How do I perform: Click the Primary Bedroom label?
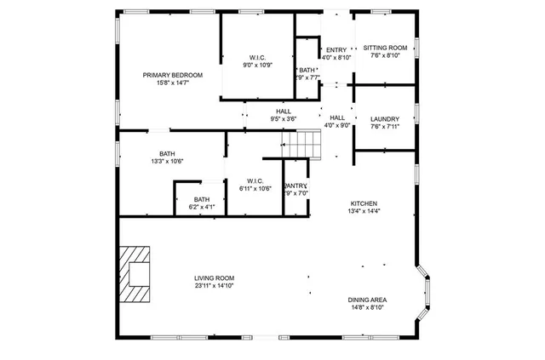(x=167, y=75)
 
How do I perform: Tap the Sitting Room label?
(x=385, y=48)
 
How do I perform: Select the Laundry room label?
(x=385, y=119)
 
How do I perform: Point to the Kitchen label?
(x=364, y=203)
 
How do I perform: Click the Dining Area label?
(x=367, y=300)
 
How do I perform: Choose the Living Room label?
(x=214, y=278)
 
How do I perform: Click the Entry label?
(x=336, y=50)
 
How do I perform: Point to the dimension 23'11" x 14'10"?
(x=214, y=286)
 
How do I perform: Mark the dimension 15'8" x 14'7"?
(x=167, y=83)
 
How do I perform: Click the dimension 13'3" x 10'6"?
(x=167, y=161)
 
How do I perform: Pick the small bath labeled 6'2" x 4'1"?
(x=201, y=202)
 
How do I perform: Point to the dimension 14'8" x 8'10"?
(x=367, y=307)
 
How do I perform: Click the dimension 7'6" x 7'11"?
(x=385, y=127)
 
